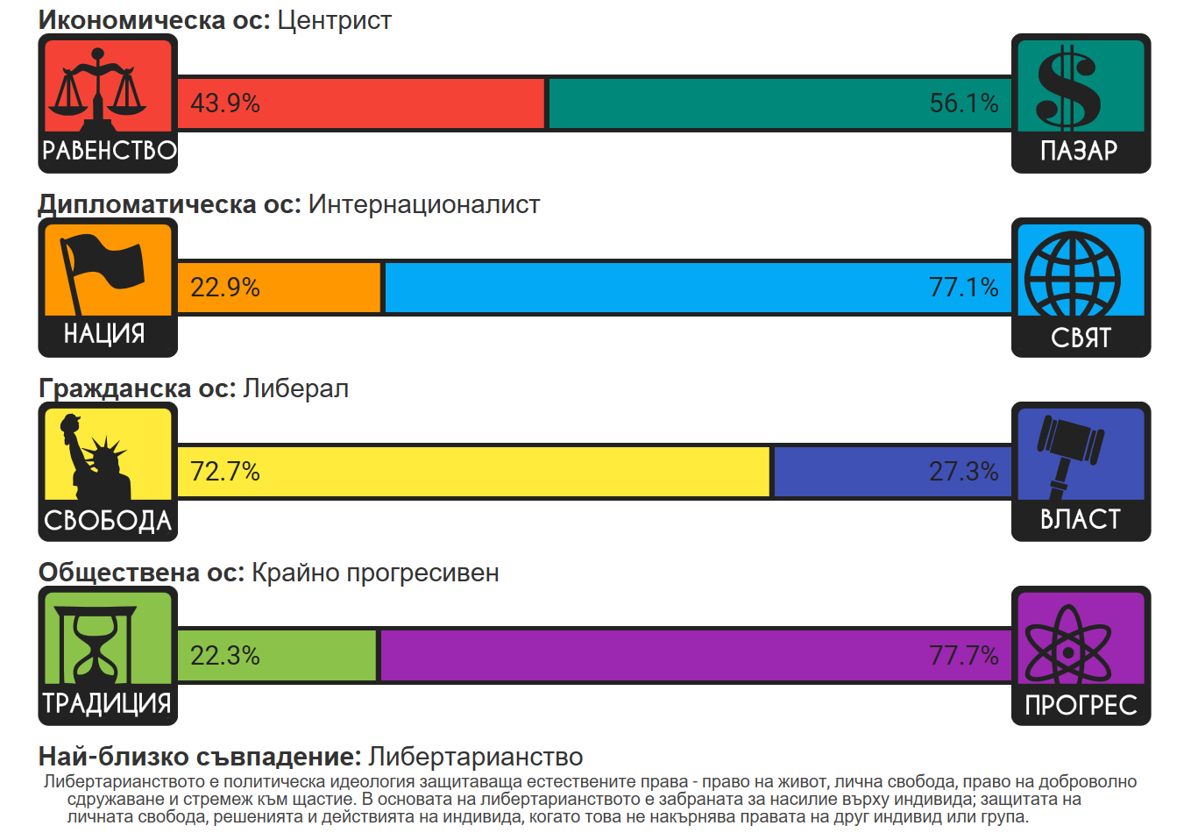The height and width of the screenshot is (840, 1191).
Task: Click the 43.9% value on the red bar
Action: pos(225,103)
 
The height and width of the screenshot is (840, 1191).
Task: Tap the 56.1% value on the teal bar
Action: pos(963,103)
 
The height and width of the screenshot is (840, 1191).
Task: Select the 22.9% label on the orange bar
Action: pos(225,288)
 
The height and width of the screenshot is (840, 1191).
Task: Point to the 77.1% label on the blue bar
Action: pos(963,288)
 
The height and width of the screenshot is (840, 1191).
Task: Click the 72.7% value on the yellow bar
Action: pos(225,472)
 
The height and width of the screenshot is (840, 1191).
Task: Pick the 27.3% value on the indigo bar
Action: pos(963,472)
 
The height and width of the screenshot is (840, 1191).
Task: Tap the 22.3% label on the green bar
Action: pos(225,656)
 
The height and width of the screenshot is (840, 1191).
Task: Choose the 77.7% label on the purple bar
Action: pos(963,656)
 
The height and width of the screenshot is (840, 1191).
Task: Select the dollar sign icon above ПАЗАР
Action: pos(1068,89)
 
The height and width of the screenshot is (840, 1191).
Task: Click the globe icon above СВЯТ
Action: pos(1073,274)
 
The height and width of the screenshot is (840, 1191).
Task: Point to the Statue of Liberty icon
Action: pos(96,457)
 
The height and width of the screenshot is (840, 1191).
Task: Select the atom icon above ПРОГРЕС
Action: pos(1068,645)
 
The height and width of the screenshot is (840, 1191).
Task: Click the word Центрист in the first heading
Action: pos(334,20)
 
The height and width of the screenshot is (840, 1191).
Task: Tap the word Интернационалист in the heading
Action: pos(424,204)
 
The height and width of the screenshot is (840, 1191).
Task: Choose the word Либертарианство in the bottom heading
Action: pos(475,756)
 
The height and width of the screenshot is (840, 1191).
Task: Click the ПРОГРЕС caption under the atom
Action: pos(1081,705)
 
